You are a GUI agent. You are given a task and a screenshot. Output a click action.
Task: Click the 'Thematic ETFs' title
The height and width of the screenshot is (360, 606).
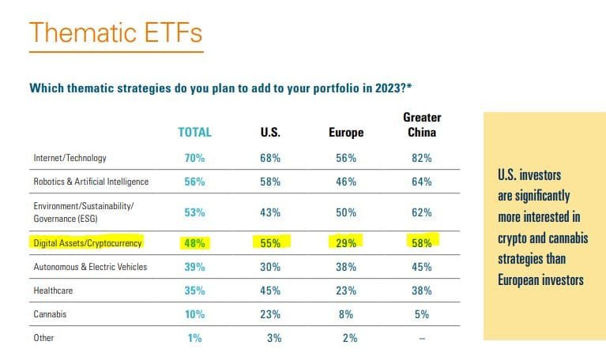coord(115,35)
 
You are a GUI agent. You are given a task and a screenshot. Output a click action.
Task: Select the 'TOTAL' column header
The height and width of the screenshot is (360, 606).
coord(194,133)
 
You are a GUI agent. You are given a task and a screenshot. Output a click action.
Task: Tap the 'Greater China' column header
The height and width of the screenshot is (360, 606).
coord(421,125)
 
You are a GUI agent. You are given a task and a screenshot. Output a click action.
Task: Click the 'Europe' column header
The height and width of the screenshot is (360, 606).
coord(346,133)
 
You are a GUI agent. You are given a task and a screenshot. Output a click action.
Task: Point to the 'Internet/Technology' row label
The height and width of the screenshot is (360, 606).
coord(70,158)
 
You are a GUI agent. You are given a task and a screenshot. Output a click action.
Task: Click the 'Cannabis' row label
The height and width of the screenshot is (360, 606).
coord(51,314)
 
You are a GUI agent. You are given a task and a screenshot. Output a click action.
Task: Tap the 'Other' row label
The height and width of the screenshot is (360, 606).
coord(43,338)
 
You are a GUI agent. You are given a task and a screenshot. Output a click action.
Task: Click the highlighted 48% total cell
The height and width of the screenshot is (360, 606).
coord(194,243)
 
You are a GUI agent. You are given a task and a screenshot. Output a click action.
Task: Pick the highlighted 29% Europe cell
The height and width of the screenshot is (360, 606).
coord(346,243)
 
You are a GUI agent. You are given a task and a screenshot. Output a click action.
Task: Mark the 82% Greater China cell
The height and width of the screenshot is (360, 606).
coord(421,158)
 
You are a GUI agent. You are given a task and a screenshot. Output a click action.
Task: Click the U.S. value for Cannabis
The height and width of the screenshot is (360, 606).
coord(270,314)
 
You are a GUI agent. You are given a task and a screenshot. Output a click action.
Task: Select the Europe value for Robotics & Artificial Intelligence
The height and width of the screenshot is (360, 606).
coord(346,182)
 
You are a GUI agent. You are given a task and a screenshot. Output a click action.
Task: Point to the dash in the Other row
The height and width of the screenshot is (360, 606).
coord(421,338)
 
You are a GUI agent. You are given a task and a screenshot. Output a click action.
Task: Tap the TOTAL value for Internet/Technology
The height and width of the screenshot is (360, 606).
coord(194,158)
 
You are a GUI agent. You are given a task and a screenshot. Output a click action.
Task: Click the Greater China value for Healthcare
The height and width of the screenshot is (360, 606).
coord(421,290)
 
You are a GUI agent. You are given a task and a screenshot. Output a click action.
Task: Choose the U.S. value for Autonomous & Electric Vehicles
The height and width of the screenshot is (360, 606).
coord(270,267)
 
